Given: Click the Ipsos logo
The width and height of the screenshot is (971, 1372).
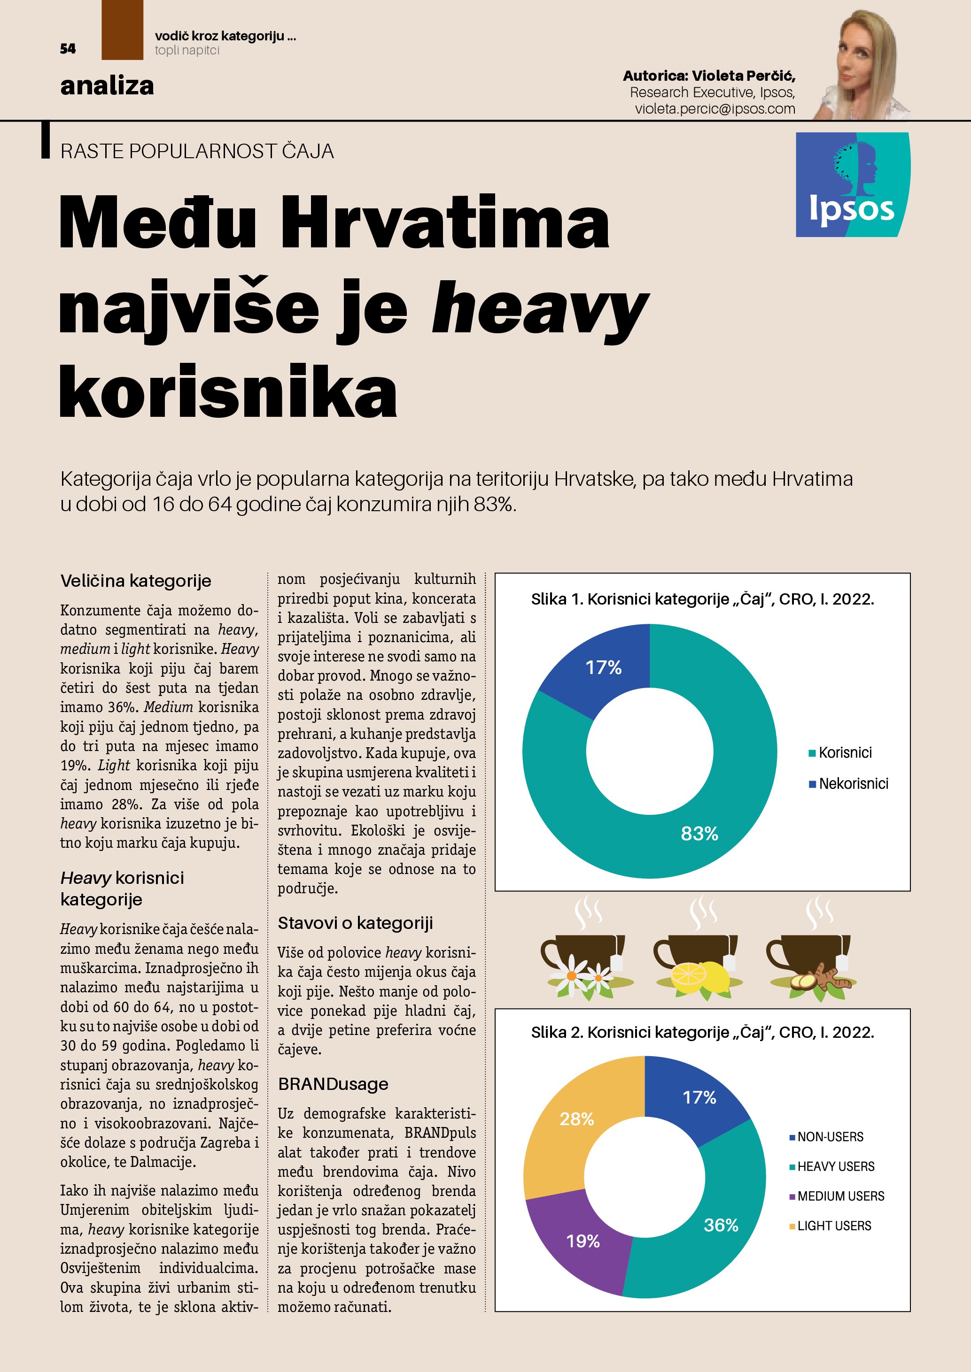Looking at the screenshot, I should point(852,184).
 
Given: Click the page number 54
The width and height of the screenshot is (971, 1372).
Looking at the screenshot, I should point(68,49).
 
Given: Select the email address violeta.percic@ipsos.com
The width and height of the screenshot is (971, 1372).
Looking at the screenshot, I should point(715,109).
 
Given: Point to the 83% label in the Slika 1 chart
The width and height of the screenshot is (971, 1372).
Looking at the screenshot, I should point(699,834).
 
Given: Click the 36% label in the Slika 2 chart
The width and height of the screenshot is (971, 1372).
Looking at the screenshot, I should point(721,1225).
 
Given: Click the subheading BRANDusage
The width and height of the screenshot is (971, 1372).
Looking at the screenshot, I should point(333,1084).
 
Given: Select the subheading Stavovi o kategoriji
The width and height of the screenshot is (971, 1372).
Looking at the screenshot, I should point(355,923).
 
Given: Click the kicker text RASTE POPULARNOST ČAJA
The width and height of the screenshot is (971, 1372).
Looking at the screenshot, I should point(197,151).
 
